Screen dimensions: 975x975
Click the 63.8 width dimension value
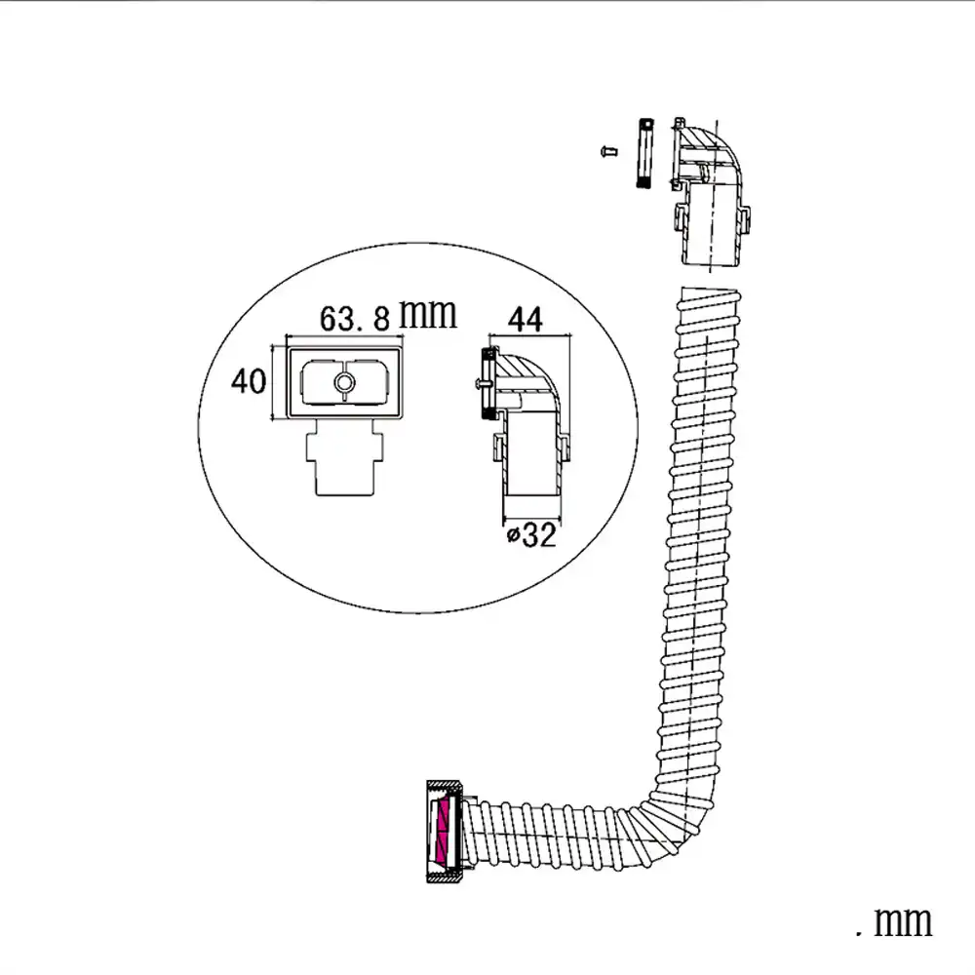click(355, 318)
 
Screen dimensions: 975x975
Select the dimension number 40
click(249, 381)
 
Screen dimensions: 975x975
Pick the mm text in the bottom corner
click(895, 920)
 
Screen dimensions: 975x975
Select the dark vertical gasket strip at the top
click(643, 155)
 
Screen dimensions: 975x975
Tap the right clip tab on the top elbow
click(746, 219)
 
